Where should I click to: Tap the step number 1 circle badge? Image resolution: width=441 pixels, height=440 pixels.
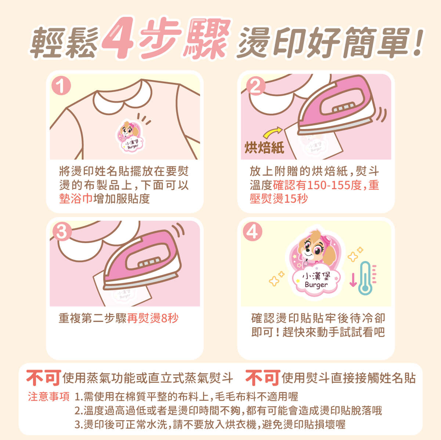[61, 86]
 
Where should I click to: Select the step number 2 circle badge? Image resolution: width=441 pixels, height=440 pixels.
[256, 86]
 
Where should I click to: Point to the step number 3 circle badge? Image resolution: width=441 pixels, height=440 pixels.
[62, 231]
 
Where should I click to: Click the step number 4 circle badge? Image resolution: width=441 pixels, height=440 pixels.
[252, 231]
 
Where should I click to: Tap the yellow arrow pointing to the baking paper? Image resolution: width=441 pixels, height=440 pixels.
[272, 133]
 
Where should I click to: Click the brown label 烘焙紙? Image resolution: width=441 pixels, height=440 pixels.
[264, 148]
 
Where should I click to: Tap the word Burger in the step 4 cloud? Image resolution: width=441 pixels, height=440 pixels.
[316, 285]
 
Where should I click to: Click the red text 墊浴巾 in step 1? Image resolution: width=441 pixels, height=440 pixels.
[76, 198]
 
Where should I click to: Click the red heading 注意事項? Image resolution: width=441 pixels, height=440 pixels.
[48, 397]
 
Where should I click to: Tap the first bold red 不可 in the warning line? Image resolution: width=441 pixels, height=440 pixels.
[44, 378]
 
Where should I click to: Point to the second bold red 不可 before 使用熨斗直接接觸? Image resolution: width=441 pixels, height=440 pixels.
[263, 378]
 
